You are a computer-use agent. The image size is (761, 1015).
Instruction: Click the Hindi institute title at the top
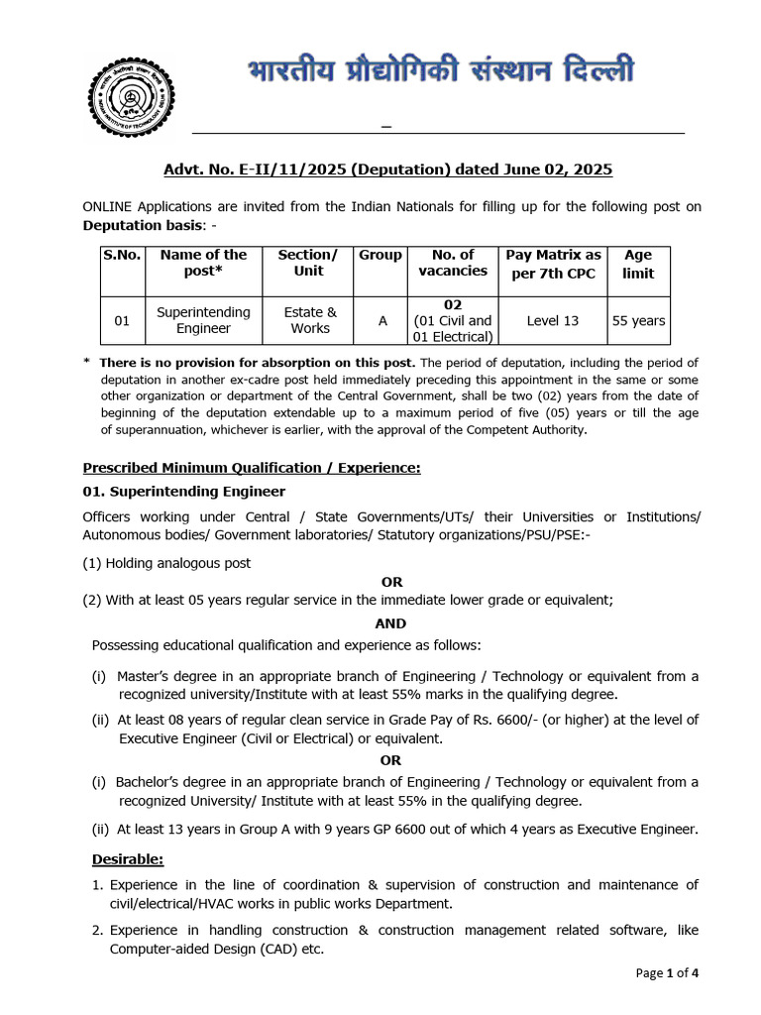pyautogui.click(x=440, y=72)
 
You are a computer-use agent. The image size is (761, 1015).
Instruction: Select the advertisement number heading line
pyautogui.click(x=387, y=169)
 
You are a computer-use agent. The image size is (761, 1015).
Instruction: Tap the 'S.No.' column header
pyautogui.click(x=122, y=255)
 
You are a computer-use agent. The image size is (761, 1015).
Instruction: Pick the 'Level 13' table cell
pyautogui.click(x=553, y=320)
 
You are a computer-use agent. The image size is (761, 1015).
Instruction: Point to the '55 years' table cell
pyautogui.click(x=638, y=320)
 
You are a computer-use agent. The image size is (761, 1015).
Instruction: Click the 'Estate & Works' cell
pyautogui.click(x=308, y=320)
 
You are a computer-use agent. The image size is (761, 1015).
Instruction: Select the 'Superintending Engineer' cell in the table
pyautogui.click(x=203, y=320)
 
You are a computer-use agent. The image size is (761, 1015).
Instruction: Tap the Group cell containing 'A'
pyautogui.click(x=382, y=320)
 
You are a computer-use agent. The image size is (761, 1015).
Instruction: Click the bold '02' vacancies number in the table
pyautogui.click(x=453, y=304)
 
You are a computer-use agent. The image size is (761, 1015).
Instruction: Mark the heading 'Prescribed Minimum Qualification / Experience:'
pyautogui.click(x=252, y=467)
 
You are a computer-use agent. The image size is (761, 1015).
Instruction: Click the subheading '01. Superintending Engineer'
pyautogui.click(x=183, y=491)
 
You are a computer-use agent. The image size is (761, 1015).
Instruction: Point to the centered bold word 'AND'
pyautogui.click(x=390, y=623)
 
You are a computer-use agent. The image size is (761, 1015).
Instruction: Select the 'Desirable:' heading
pyautogui.click(x=128, y=858)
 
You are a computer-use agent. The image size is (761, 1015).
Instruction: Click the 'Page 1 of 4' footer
pyautogui.click(x=667, y=972)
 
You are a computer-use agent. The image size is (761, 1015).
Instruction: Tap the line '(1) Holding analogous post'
pyautogui.click(x=166, y=562)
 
